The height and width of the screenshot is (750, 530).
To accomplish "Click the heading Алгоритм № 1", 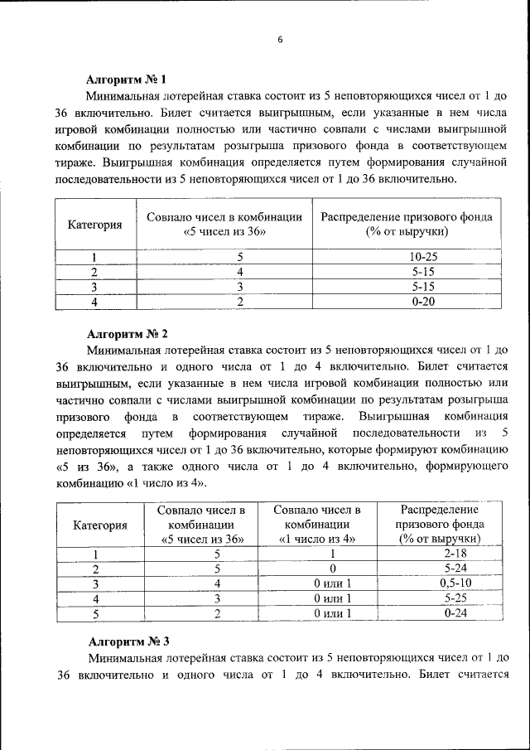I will [127, 80].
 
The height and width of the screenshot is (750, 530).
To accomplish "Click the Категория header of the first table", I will [95, 225].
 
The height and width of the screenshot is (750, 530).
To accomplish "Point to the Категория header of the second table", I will [100, 525].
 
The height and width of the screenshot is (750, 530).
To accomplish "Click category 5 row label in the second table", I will [96, 613].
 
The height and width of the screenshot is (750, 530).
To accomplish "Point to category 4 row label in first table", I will [95, 302].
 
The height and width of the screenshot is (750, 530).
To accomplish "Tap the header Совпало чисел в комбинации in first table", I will [224, 225].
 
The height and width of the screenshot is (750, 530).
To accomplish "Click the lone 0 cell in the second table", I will [332, 569].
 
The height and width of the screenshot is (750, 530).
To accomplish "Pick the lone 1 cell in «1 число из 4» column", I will [332, 554].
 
